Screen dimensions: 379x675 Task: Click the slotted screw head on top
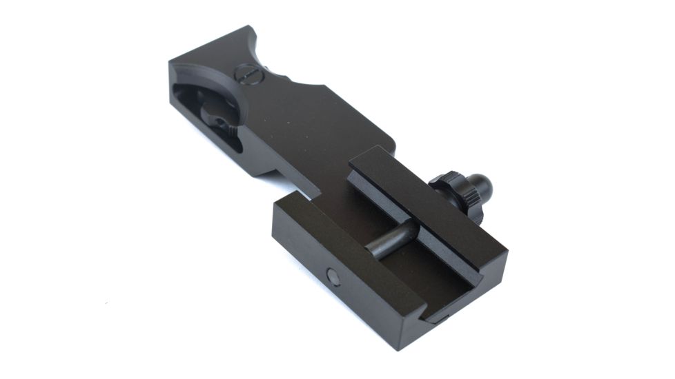[246, 72]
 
